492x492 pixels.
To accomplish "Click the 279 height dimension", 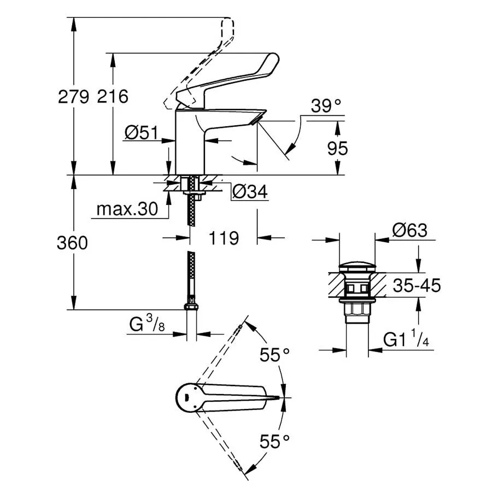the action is [x=73, y=96].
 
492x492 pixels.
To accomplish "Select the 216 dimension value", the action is [x=113, y=96].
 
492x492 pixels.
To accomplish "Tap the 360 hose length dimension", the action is [x=73, y=243].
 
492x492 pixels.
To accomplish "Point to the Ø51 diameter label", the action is [x=142, y=133].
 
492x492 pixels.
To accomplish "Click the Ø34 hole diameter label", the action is [x=250, y=191].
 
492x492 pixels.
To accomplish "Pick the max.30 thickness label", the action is [x=127, y=209].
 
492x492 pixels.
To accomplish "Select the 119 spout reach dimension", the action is [x=224, y=238].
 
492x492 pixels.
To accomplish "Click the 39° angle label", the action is [x=326, y=106].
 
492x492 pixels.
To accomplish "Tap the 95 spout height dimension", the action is [x=338, y=148].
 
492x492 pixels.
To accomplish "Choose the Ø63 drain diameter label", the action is [x=410, y=230].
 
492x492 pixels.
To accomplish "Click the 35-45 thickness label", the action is [x=417, y=285].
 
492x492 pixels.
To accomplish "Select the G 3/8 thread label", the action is [x=147, y=324].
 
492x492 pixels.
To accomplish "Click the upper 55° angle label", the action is [x=274, y=355].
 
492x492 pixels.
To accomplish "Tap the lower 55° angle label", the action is [x=274, y=442].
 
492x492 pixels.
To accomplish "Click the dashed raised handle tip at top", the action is [x=228, y=26].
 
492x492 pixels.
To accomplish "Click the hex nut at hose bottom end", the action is [x=191, y=307].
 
